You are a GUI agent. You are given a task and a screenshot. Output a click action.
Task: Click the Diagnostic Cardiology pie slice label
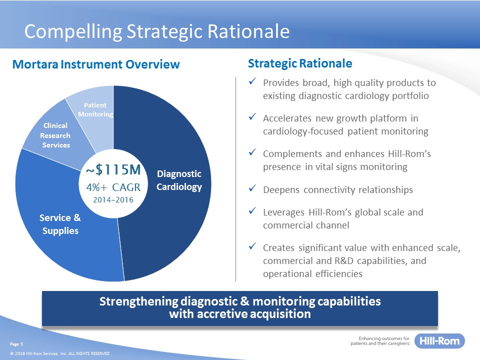[179, 180]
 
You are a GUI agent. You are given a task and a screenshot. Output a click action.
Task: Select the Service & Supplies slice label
[60, 224]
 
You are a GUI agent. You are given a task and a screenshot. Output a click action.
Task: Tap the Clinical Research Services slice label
[55, 135]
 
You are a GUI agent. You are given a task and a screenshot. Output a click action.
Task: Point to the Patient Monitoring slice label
[95, 109]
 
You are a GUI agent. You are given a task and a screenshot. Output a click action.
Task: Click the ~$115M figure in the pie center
[113, 169]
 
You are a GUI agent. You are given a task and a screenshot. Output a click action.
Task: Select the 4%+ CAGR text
[113, 187]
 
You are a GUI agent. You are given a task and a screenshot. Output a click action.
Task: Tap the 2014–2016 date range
[113, 200]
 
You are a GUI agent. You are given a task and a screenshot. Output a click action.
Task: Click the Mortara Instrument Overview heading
[96, 64]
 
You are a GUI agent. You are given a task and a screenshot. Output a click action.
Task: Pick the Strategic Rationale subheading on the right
[300, 63]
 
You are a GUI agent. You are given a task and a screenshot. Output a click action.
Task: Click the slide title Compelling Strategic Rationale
[156, 31]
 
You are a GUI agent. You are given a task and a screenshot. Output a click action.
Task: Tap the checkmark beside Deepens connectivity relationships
[252, 188]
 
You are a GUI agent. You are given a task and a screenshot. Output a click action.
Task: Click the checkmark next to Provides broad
[252, 81]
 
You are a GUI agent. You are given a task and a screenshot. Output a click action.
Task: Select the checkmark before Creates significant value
[252, 246]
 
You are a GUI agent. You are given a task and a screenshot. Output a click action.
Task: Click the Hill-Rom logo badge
[439, 340]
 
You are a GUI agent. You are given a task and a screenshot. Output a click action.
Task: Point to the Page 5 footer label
[16, 344]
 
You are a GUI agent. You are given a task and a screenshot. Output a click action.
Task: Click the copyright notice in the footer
[59, 353]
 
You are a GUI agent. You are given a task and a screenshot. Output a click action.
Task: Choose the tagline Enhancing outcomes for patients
[380, 341]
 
